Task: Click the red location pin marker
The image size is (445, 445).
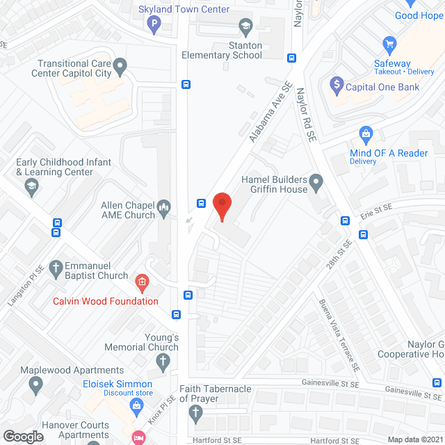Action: (222, 206)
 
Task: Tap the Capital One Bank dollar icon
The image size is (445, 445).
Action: (337, 86)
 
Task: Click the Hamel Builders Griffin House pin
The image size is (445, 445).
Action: (316, 184)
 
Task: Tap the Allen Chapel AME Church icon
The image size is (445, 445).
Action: (164, 206)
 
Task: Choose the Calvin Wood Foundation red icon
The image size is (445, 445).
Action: (142, 282)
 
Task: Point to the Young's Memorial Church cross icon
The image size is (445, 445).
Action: (163, 362)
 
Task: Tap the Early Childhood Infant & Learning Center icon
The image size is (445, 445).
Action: (31, 186)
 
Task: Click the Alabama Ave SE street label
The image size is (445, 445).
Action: (270, 112)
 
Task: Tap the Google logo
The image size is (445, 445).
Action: (23, 436)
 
